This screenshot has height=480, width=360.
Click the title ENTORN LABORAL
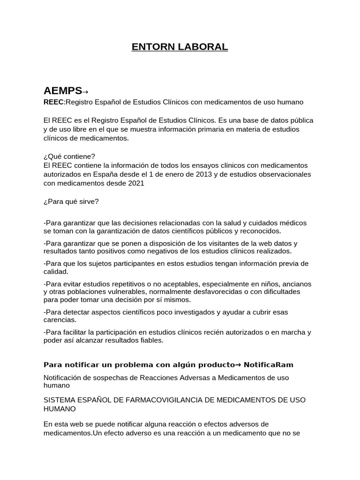click(x=180, y=47)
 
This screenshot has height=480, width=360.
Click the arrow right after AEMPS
click(x=85, y=91)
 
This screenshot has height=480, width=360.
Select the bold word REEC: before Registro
click(x=53, y=102)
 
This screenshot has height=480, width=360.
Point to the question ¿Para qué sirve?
click(x=71, y=202)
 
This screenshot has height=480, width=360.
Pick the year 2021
click(x=135, y=183)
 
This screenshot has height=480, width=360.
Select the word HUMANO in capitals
click(x=60, y=409)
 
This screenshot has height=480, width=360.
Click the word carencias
click(x=60, y=320)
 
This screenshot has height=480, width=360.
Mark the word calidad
click(x=56, y=271)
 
